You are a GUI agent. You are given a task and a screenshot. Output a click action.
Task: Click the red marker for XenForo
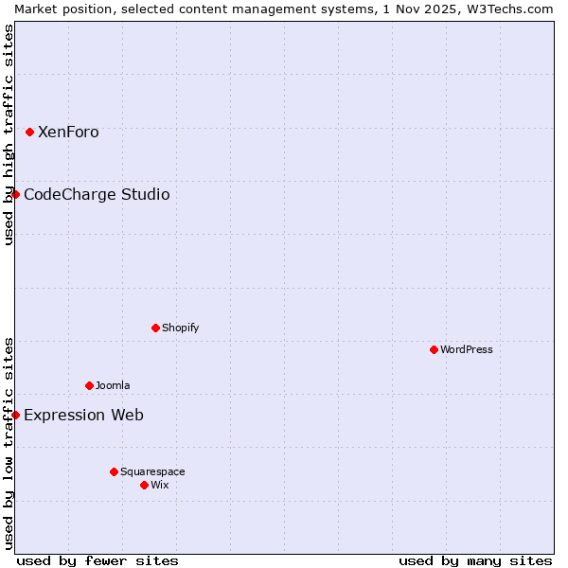point(29,133)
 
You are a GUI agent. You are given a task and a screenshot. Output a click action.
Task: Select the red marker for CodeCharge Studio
point(15,195)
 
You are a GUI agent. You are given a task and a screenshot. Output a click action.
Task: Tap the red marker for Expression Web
point(15,415)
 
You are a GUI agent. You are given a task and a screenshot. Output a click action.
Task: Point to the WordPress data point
point(434,349)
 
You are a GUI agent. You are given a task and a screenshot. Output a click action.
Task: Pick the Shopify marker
point(155,328)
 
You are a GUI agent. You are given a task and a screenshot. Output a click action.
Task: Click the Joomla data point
point(89,385)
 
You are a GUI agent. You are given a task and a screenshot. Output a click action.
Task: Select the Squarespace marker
point(114,471)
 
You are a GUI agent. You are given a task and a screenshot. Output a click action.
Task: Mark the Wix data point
point(144,485)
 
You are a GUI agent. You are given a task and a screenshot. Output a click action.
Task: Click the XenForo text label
point(68,133)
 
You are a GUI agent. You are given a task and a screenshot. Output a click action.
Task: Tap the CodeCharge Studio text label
point(97,195)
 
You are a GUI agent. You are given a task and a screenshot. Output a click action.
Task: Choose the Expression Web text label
point(83,415)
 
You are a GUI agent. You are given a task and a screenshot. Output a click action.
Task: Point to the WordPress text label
point(467,349)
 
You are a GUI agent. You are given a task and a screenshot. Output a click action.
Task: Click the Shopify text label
point(180,328)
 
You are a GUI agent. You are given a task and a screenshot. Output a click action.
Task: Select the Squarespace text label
point(152,471)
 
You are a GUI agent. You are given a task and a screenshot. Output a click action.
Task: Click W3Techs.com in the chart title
point(507,9)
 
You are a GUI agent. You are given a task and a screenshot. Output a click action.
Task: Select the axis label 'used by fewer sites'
point(98,560)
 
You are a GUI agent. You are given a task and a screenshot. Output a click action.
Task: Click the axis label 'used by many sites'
point(475,560)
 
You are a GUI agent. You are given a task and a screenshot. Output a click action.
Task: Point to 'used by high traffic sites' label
point(9,134)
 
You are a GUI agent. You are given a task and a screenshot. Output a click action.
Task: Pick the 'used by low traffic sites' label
point(9,442)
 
